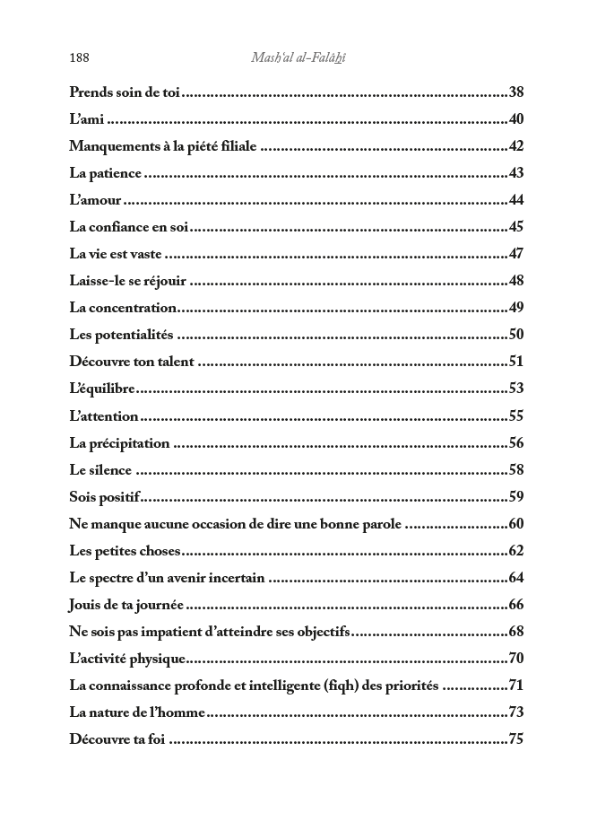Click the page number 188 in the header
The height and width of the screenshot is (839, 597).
tap(79, 58)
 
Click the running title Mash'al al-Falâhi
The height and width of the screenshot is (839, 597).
tap(298, 58)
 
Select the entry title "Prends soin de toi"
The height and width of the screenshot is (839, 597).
tap(125, 92)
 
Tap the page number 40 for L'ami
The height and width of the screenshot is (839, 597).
tap(515, 119)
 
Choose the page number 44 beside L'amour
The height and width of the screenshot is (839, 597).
tap(515, 200)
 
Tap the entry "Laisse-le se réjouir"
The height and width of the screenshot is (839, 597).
tap(127, 281)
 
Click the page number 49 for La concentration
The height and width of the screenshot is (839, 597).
tap(515, 308)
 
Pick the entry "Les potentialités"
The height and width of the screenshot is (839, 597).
tap(121, 335)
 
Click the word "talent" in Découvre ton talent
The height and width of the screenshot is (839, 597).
tap(172, 362)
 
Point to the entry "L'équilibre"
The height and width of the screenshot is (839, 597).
tap(102, 389)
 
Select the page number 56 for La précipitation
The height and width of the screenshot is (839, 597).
tap(515, 442)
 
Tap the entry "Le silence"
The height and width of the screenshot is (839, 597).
tap(100, 469)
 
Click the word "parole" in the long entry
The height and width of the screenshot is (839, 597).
tap(380, 523)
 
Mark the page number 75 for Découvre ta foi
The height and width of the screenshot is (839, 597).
tap(515, 739)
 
